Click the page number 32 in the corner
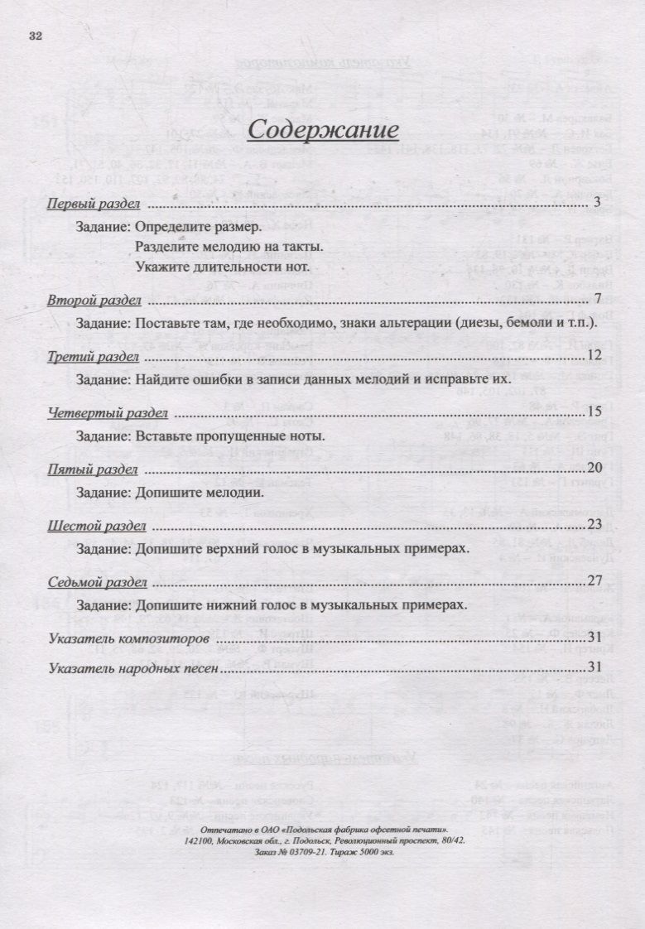[35, 36]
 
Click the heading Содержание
[324, 129]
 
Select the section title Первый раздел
[93, 204]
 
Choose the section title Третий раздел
[93, 357]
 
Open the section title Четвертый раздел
[108, 413]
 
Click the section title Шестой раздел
[97, 526]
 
